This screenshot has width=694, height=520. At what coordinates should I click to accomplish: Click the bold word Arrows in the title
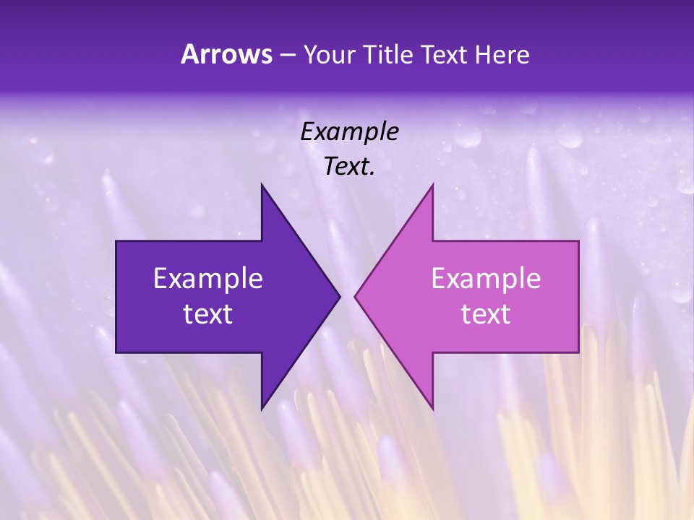click(x=226, y=54)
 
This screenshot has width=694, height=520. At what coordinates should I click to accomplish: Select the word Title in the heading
click(x=388, y=55)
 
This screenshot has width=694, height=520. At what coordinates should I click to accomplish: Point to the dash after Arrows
click(x=287, y=56)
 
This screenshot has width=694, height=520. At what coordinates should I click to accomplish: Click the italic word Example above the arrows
click(x=349, y=131)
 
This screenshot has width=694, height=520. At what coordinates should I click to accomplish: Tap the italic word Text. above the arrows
click(x=349, y=166)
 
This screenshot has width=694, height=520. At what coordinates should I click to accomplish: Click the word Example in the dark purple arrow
click(x=208, y=278)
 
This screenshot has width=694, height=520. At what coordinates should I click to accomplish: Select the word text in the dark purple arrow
click(x=208, y=314)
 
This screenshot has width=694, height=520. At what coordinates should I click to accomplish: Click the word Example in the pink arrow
click(x=486, y=278)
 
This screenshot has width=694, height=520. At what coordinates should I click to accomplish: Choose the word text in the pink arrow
click(x=486, y=314)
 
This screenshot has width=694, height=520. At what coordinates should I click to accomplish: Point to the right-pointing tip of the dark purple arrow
click(x=339, y=296)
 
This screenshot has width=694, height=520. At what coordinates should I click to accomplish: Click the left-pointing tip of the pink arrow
click(x=355, y=296)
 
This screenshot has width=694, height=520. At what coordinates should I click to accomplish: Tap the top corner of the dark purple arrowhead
click(x=262, y=185)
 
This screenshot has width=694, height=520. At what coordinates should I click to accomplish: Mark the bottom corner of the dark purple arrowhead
click(x=262, y=409)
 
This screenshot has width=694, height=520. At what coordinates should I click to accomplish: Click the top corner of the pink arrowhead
click(x=432, y=185)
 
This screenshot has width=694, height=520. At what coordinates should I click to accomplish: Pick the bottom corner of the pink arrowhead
click(x=432, y=409)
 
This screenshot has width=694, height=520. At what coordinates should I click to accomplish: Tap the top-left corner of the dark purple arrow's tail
click(x=116, y=241)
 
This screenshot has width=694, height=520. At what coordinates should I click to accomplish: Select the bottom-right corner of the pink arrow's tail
click(x=578, y=352)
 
